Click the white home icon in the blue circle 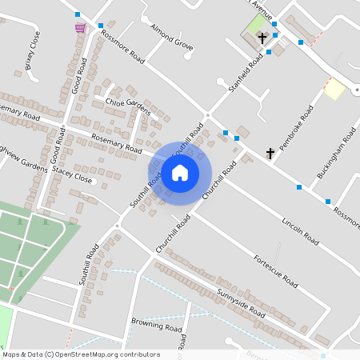click(179, 173)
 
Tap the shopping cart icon click(80, 27)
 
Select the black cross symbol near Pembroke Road click(270, 152)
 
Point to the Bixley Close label click(32, 53)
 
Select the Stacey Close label click(72, 175)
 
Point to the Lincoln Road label click(300, 230)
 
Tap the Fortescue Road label click(274, 271)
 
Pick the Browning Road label click(157, 326)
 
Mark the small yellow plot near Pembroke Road click(334, 89)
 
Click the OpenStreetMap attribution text click(80, 354)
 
